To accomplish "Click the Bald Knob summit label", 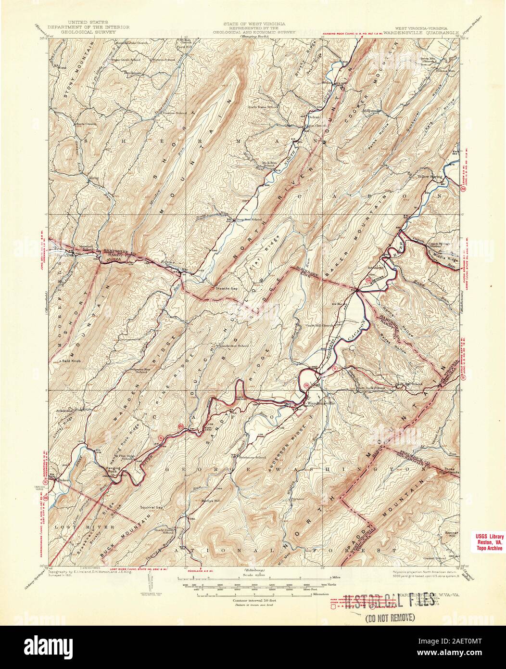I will coord(71,360).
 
